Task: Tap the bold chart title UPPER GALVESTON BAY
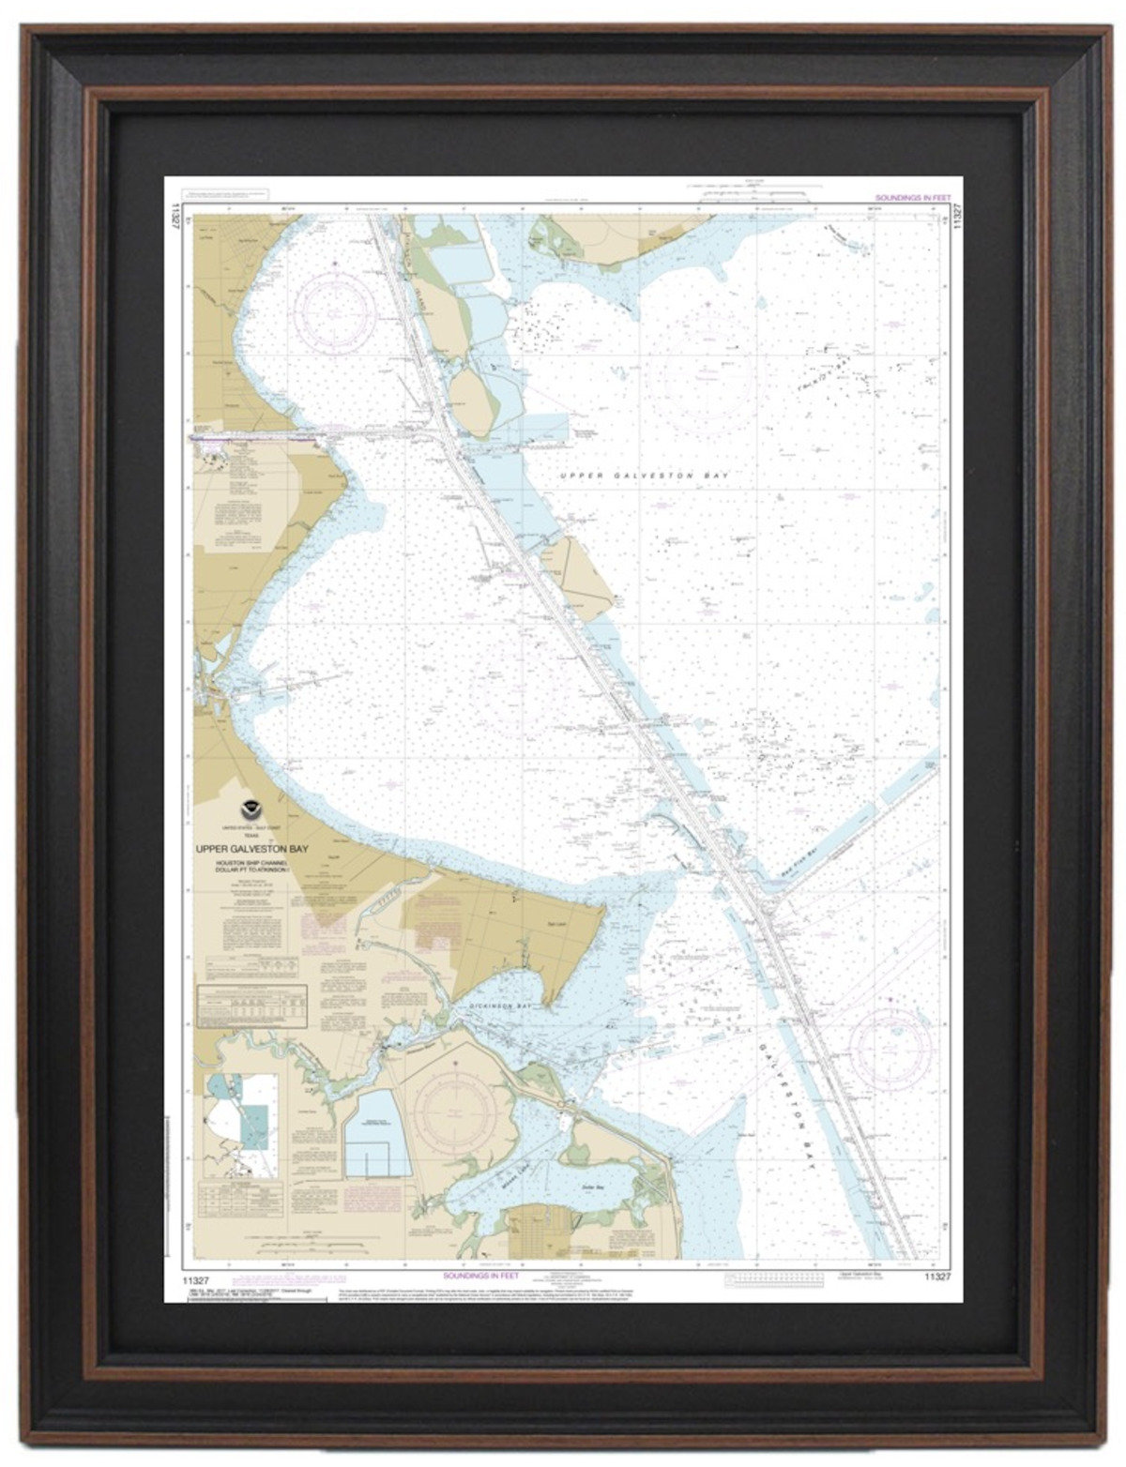[x=252, y=849]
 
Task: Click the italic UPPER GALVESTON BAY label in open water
[x=644, y=476]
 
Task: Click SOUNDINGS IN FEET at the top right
[x=912, y=198]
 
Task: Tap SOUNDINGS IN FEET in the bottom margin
[x=479, y=1277]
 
